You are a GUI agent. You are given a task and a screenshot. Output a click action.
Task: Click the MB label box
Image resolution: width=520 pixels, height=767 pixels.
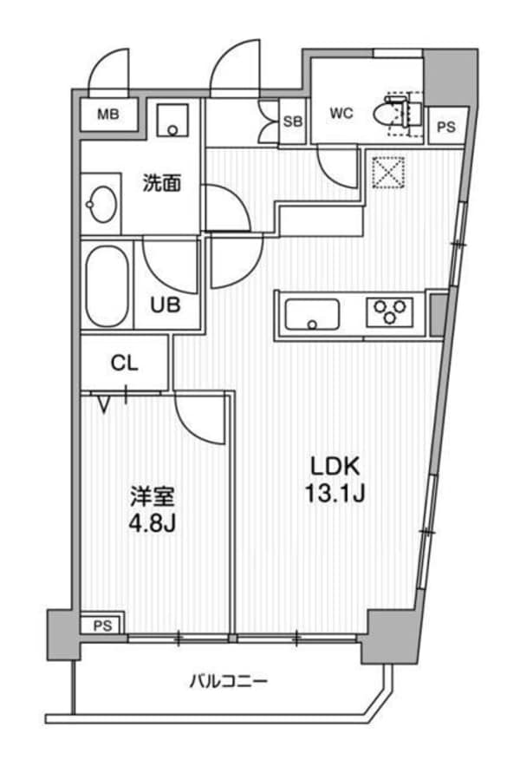coord(108,114)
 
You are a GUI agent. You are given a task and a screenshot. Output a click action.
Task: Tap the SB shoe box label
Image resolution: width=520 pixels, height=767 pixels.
coord(293,121)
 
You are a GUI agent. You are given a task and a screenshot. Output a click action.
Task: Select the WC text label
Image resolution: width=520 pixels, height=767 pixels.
coord(340,114)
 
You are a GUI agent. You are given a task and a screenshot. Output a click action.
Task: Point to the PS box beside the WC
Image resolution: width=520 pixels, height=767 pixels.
coord(445,127)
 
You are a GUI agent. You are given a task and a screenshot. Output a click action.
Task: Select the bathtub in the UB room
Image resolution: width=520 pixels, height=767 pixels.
coord(106,285)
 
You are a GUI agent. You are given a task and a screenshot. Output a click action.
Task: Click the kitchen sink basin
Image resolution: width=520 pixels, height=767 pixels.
coord(313,313)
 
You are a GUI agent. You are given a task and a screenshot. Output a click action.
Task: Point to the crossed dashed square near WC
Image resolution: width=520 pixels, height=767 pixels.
coord(387,172)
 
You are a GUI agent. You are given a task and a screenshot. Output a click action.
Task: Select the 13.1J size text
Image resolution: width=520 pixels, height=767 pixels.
coord(332,495)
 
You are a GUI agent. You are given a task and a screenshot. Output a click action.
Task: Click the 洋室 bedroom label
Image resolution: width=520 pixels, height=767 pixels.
coord(153,497)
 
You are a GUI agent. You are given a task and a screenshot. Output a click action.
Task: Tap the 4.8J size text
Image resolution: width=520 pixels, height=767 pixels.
coord(153,526)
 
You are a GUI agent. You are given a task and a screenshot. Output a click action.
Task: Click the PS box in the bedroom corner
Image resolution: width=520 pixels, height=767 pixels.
coord(103,625)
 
